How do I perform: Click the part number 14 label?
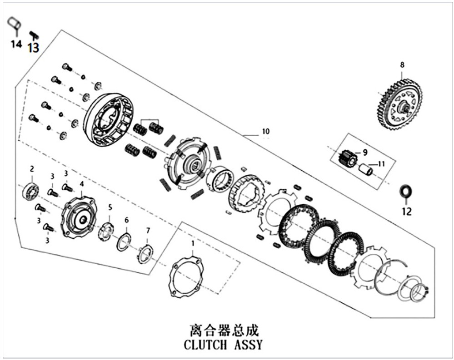coord(16,44)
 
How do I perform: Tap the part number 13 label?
coord(34,47)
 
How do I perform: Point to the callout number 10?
coord(265,132)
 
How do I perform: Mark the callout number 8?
coord(402,65)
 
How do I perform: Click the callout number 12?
coord(406,211)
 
